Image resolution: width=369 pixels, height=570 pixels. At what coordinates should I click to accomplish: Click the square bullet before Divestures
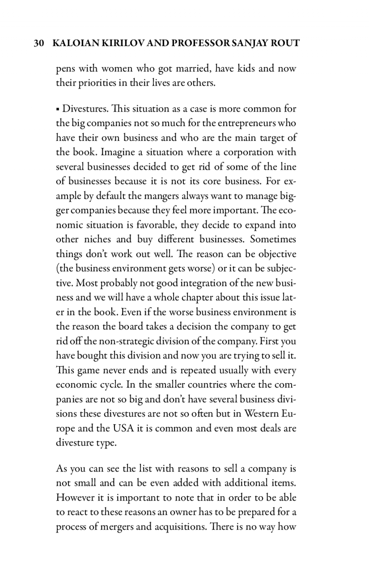click(58, 109)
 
